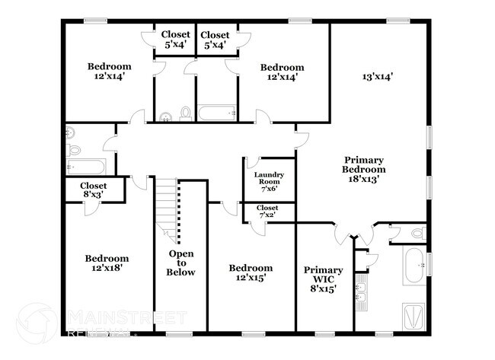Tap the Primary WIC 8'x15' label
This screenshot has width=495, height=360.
pyautogui.click(x=323, y=279)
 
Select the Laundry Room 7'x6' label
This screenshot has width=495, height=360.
pyautogui.click(x=268, y=183)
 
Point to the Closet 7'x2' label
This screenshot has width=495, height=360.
pyautogui.click(x=267, y=212)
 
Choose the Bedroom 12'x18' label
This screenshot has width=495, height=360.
pyautogui.click(x=106, y=263)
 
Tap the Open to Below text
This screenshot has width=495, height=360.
pyautogui.click(x=181, y=263)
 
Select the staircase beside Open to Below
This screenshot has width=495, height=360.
pyautogui.click(x=168, y=205)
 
